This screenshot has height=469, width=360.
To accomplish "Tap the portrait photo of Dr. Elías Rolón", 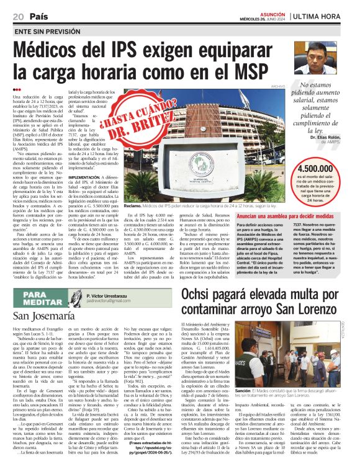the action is pos(325,58).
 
